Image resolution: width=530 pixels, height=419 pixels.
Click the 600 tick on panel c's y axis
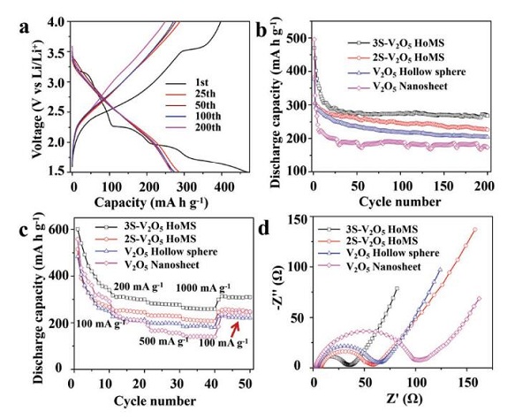(x=60, y=230)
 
